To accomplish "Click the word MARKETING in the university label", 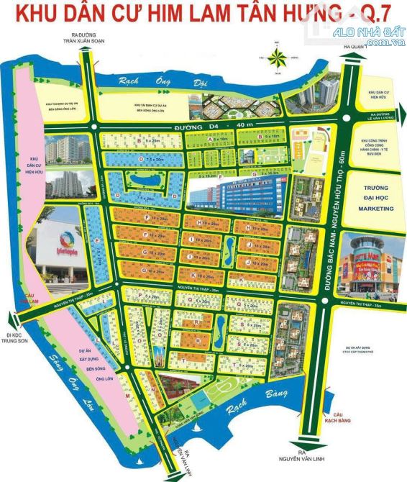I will click(377, 209).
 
